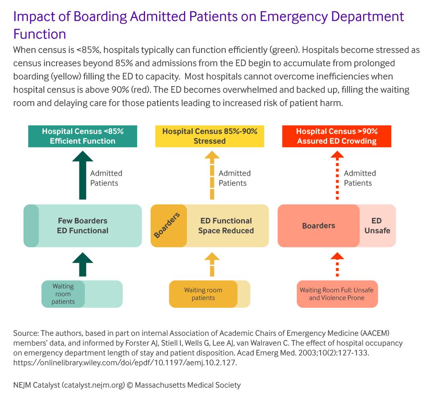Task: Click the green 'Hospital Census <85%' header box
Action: pos(82,136)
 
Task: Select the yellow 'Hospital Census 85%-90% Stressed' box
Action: pos(210,136)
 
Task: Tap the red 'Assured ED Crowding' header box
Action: pos(336,136)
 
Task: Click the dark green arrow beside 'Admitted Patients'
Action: pos(82,175)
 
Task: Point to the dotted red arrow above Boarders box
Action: pos(337,175)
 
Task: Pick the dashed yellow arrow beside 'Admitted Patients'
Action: pos(212,175)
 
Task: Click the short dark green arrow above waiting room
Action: pos(82,264)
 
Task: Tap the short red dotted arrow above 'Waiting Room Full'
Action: pos(337,264)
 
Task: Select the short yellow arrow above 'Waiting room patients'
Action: pos(212,264)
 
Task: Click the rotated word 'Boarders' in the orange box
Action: pos(167,225)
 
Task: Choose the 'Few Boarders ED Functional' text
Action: pos(82,225)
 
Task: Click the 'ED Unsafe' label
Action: pos(377,225)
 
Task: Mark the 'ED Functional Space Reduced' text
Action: pos(226,225)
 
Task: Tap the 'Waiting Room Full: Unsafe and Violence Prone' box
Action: pos(337,294)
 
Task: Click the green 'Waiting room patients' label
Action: pos(63,294)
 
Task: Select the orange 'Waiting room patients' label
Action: pos(203,294)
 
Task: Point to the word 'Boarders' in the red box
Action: pos(318,225)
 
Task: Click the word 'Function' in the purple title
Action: pos(40,34)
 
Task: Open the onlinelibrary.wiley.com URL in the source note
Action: pos(125,363)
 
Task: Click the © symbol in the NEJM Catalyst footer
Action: pos(130,385)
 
